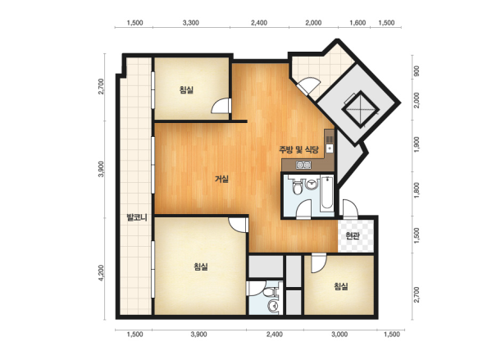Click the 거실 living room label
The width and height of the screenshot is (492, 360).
pos(221,179)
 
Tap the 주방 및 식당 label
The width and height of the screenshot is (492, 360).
pos(298,149)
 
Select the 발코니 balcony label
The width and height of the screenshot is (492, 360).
pos(136,217)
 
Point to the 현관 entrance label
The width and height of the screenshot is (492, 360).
pos(353,235)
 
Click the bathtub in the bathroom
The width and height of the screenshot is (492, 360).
pos(326,194)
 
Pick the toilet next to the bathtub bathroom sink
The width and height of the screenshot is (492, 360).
pos(296,187)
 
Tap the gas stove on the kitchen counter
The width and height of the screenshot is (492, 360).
pos(303,165)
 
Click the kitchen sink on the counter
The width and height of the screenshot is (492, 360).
pos(330,148)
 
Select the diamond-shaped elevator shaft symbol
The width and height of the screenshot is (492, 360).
pos(360,110)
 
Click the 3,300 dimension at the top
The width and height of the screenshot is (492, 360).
pos(190,23)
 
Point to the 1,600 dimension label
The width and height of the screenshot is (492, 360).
pos(358,23)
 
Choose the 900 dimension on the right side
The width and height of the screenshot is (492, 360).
pos(417,71)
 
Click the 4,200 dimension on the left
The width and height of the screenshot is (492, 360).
pos(101,273)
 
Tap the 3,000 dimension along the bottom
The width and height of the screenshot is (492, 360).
pos(339,335)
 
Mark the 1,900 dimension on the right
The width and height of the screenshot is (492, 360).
pos(417,144)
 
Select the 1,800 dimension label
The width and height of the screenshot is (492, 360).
pos(417,190)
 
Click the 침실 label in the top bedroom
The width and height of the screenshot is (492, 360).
pos(186,90)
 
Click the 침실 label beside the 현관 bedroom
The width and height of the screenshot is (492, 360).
pos(341,286)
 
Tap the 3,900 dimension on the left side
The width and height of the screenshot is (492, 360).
pos(101,169)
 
